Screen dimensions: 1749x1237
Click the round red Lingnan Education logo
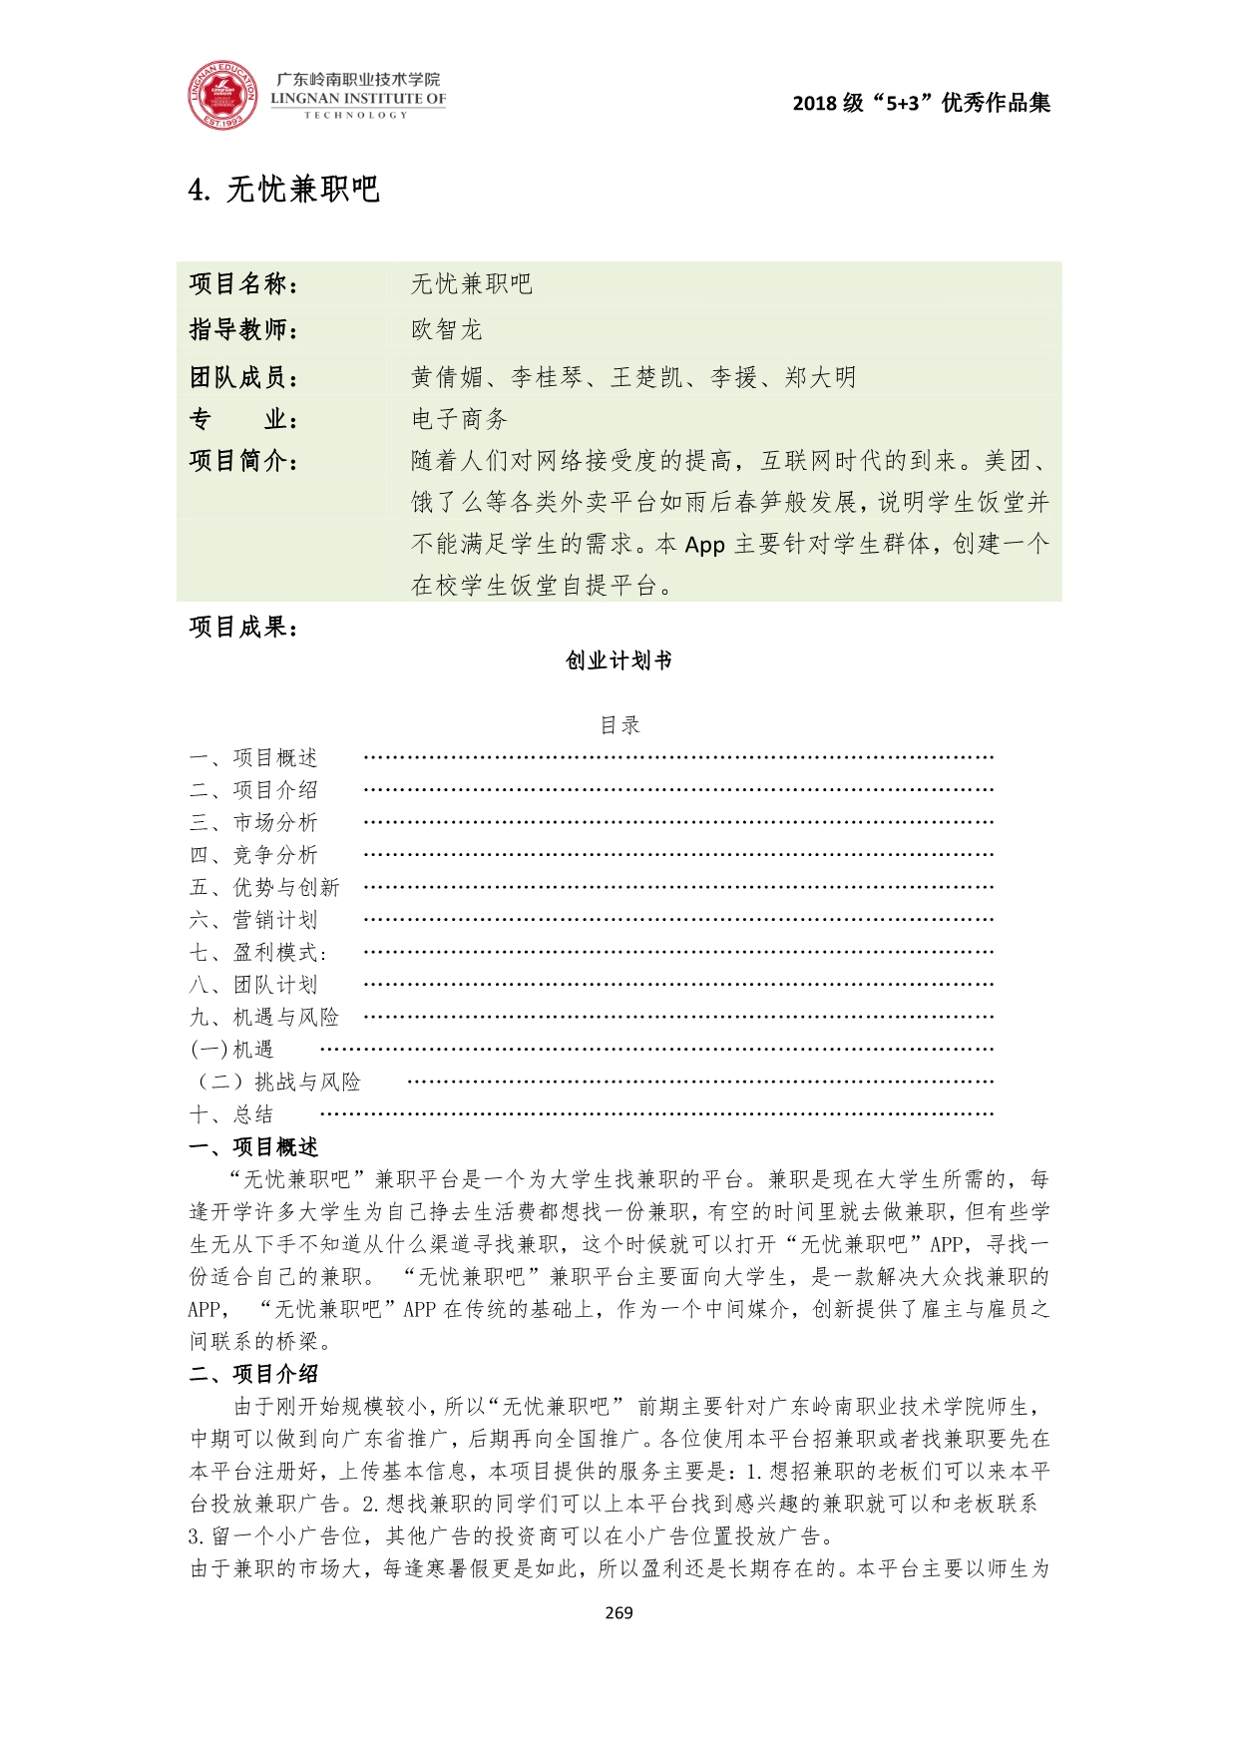[x=221, y=97]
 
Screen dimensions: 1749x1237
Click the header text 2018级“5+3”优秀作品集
[x=921, y=103]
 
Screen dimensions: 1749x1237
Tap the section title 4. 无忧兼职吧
[x=284, y=190]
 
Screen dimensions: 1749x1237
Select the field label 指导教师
[x=243, y=329]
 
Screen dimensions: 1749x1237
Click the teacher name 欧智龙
[x=446, y=329]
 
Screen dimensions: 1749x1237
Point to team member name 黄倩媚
[x=447, y=377]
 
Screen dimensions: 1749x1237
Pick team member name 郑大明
[x=820, y=377]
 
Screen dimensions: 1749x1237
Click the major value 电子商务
[x=459, y=419]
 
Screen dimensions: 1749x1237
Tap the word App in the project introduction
[x=704, y=544]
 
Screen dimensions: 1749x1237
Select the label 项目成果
[x=243, y=627]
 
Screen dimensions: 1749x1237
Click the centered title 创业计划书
[x=618, y=660]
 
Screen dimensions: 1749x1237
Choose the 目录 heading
[x=618, y=725]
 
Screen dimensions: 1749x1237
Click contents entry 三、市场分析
[x=253, y=823]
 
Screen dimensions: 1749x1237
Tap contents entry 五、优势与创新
[x=264, y=888]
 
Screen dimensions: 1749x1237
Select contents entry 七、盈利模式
[x=257, y=953]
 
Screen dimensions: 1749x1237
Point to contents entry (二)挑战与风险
[x=277, y=1083]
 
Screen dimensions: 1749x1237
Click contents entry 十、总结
[x=231, y=1114]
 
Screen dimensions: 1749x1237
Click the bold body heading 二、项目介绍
[x=253, y=1374]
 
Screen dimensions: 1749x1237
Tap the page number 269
[x=618, y=1612]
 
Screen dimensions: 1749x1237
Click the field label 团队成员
[x=243, y=377]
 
